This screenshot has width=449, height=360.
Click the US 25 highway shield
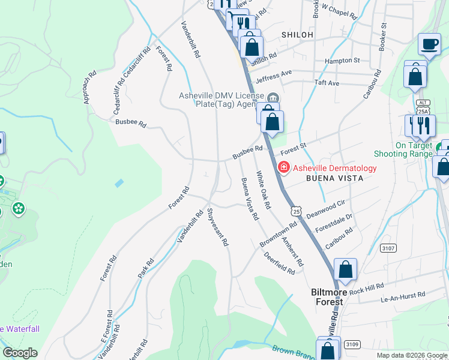296,211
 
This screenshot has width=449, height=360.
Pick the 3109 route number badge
352,344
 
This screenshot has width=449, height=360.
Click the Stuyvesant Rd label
218,227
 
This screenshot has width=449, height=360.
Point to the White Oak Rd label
264,190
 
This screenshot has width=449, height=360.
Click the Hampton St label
342,61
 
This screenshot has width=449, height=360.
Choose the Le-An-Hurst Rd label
403,296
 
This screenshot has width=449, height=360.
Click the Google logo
20,353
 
